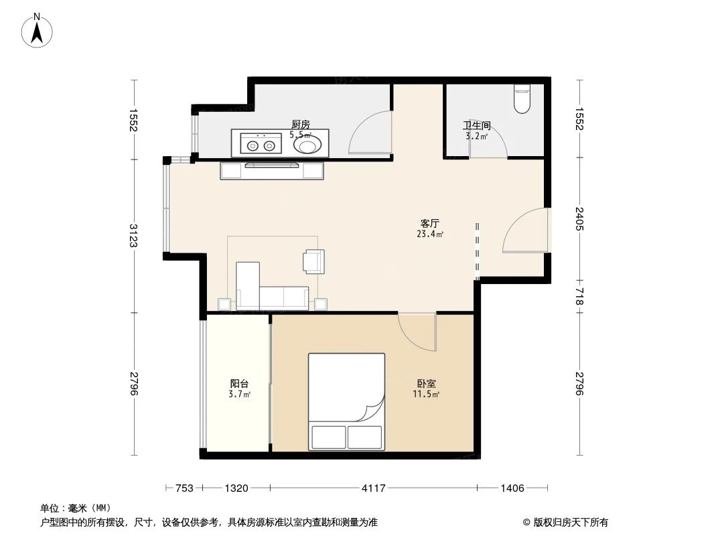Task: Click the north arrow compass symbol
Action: [x=38, y=30]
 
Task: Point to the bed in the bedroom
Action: [x=346, y=401]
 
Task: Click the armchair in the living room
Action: [x=313, y=261]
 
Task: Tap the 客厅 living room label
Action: [x=429, y=223]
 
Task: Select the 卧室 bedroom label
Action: [x=426, y=384]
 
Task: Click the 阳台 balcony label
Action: [x=239, y=384]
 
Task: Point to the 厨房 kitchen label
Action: [x=300, y=125]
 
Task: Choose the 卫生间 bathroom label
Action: [x=477, y=125]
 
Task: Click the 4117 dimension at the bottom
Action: [x=373, y=488]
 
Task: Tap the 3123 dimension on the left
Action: [x=134, y=235]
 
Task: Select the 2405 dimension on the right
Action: [x=579, y=219]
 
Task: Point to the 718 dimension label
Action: [x=579, y=296]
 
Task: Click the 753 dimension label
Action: [x=184, y=488]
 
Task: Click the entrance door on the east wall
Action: [x=526, y=231]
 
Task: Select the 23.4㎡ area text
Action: [x=429, y=234]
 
